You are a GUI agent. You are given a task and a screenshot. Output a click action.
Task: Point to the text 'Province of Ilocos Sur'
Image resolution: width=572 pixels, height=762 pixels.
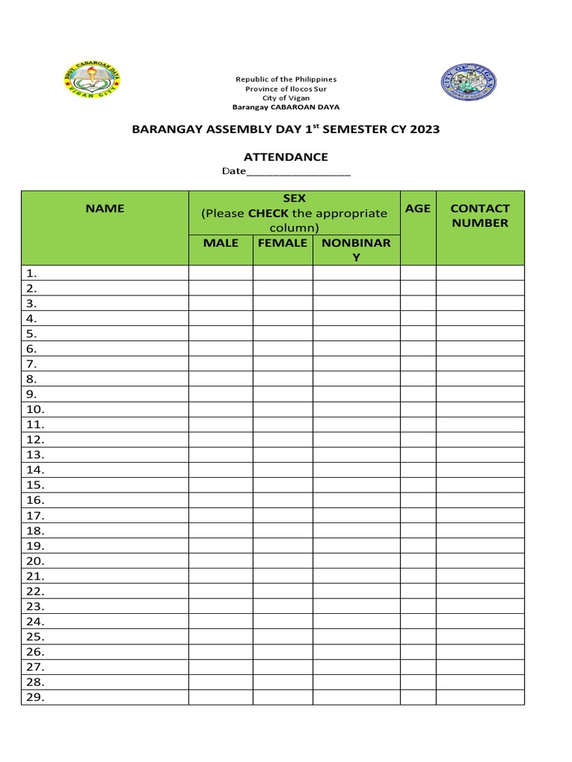tap(286, 89)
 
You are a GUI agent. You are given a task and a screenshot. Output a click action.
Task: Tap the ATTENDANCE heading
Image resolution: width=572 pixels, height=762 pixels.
tap(286, 157)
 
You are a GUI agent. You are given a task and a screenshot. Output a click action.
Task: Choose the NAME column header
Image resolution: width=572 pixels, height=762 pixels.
tap(105, 208)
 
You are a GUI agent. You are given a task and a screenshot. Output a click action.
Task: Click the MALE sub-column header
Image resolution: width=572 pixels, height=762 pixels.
tap(220, 243)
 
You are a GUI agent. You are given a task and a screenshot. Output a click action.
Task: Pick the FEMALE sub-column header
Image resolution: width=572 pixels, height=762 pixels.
tap(282, 243)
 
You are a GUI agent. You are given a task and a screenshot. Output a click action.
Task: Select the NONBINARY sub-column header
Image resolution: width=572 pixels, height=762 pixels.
tap(356, 250)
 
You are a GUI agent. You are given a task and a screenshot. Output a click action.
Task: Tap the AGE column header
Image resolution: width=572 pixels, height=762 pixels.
tap(418, 208)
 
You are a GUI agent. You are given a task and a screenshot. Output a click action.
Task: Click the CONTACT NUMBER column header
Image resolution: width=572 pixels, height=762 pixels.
tap(480, 216)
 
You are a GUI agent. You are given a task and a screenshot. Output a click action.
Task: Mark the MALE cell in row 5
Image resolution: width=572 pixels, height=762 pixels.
tap(220, 333)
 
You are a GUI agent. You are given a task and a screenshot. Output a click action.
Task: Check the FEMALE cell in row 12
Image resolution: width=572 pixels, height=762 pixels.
tap(282, 440)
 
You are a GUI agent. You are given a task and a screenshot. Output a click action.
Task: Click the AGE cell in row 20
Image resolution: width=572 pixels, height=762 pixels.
tap(418, 561)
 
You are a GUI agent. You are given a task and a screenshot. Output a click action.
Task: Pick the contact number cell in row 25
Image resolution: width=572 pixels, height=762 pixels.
tap(480, 637)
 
